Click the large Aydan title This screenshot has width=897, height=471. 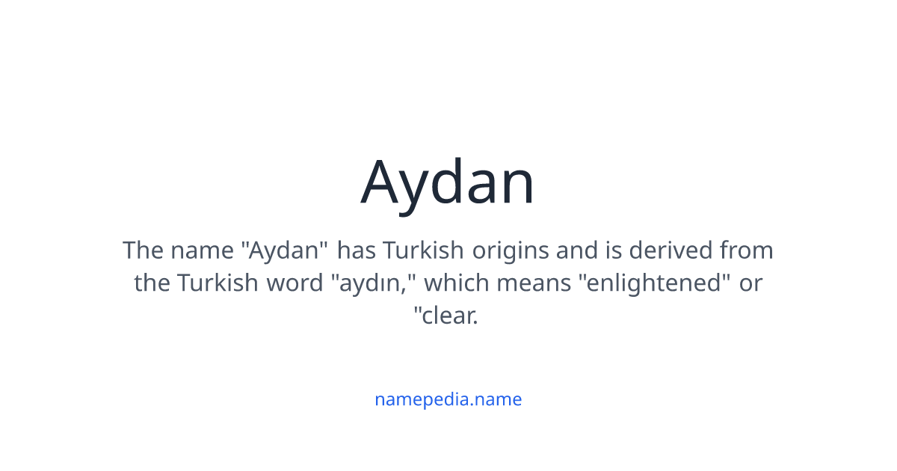[448, 182]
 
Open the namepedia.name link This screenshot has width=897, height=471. [448, 399]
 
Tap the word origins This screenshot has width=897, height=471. [511, 250]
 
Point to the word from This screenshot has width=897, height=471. [746, 250]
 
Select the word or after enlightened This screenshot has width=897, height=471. [750, 283]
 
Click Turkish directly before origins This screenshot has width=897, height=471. [425, 250]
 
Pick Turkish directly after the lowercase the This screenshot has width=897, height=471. [215, 283]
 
